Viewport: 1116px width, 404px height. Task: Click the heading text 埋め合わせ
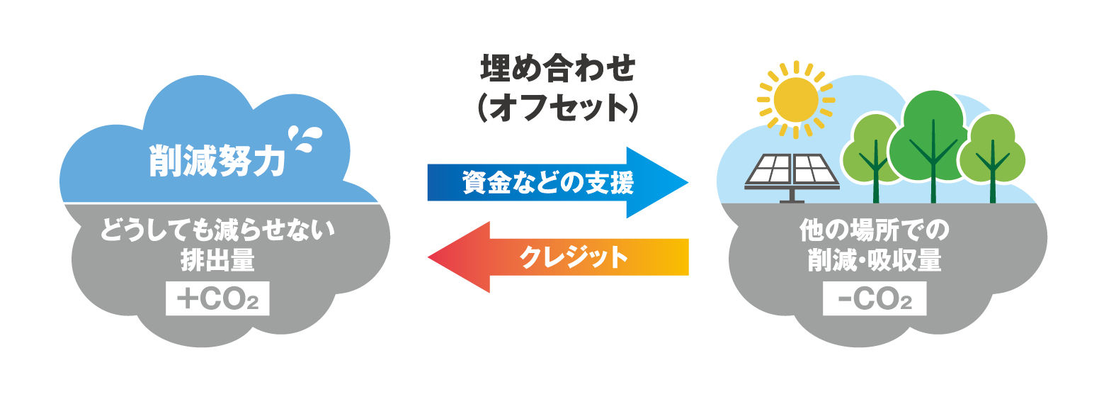pyautogui.click(x=558, y=69)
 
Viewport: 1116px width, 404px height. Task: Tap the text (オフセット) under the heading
pyautogui.click(x=558, y=108)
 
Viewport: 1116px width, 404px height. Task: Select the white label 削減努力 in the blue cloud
pyautogui.click(x=217, y=161)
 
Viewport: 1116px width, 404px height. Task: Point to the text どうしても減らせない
pyautogui.click(x=217, y=230)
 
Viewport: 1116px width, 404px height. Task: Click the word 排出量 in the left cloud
pyautogui.click(x=217, y=260)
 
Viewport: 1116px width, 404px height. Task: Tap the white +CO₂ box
pyautogui.click(x=217, y=298)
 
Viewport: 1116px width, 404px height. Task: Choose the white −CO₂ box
pyautogui.click(x=875, y=298)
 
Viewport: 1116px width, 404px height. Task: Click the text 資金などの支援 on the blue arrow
pyautogui.click(x=547, y=183)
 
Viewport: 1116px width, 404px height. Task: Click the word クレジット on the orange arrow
pyautogui.click(x=574, y=257)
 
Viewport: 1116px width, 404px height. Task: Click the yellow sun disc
pyautogui.click(x=795, y=99)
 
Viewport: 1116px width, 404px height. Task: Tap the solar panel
pyautogui.click(x=792, y=171)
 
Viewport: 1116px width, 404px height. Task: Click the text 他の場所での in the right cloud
pyautogui.click(x=875, y=230)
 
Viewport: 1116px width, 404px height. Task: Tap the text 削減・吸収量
pyautogui.click(x=875, y=260)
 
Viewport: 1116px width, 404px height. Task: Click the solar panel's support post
pyautogui.click(x=791, y=196)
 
